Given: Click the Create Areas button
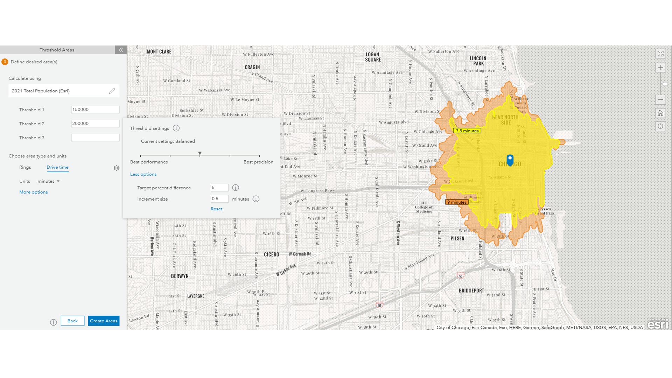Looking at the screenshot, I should [103, 321].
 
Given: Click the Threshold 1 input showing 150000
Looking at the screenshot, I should [95, 110].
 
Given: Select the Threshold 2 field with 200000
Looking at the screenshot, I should [95, 124].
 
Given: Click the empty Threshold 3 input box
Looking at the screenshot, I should [95, 138].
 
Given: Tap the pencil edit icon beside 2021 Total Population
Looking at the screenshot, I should [112, 91].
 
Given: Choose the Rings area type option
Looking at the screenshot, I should [25, 167].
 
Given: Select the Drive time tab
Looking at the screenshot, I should [57, 167].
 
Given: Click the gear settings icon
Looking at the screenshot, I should [117, 168].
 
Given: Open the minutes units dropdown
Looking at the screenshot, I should [49, 181].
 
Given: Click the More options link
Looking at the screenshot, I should [33, 192].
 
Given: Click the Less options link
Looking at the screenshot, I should [143, 174].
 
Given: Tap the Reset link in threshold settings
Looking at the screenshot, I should [216, 209].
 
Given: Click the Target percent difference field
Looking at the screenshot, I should [219, 188].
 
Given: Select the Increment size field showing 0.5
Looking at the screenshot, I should [219, 199].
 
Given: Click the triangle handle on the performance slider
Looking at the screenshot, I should [200, 154].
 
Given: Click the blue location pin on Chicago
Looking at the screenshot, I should [510, 160].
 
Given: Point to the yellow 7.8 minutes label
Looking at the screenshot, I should [467, 131].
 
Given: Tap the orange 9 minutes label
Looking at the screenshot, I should [457, 202].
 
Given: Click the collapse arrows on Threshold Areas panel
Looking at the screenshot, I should [121, 50].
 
